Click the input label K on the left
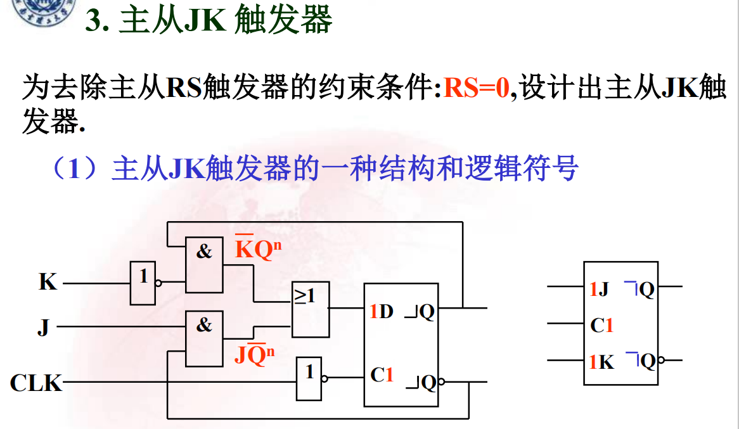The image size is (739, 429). click(48, 282)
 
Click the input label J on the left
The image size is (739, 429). click(43, 328)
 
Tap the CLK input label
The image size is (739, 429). click(36, 383)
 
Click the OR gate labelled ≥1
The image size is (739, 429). click(310, 309)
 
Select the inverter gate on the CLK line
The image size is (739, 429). click(309, 378)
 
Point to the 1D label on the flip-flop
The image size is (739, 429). click(382, 311)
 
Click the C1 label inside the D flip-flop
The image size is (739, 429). click(382, 375)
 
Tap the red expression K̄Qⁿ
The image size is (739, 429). click(257, 250)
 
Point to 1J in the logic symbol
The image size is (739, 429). click(599, 290)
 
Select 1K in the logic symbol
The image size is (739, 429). click(601, 362)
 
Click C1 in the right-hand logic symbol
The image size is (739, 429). click(601, 326)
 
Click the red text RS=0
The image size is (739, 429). click(476, 88)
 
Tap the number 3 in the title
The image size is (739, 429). click(94, 21)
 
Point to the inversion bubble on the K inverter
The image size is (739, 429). click(158, 283)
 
